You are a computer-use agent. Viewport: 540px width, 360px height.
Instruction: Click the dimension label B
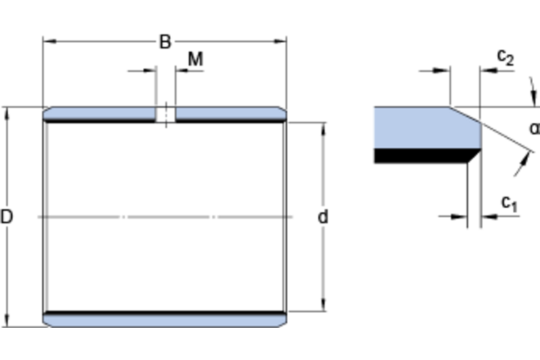[x=165, y=42]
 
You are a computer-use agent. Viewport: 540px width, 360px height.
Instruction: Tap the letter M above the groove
[x=195, y=59]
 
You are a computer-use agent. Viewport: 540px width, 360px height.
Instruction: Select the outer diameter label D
[x=6, y=216]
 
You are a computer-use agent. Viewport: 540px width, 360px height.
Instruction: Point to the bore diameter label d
[x=323, y=216]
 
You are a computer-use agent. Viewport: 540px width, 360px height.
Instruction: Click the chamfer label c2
[x=505, y=57]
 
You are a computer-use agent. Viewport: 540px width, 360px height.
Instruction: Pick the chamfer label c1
[x=509, y=204]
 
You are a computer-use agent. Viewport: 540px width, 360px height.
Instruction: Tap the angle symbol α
[x=534, y=129]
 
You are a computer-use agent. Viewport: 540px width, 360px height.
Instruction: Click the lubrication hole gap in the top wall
[x=166, y=114]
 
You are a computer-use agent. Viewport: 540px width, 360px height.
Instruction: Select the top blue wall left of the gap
[x=100, y=113]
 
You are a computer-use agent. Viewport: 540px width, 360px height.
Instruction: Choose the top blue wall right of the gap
[x=229, y=113]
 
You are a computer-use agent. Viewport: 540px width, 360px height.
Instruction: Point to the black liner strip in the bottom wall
[x=164, y=313]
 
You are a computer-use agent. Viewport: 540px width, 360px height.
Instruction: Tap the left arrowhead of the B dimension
[x=48, y=41]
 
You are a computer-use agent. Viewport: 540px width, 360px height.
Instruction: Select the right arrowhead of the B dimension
[x=281, y=41]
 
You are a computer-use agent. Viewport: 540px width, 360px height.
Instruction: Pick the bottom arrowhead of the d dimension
[x=324, y=306]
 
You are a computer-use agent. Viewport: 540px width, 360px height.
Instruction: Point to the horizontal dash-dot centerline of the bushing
[x=164, y=216]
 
